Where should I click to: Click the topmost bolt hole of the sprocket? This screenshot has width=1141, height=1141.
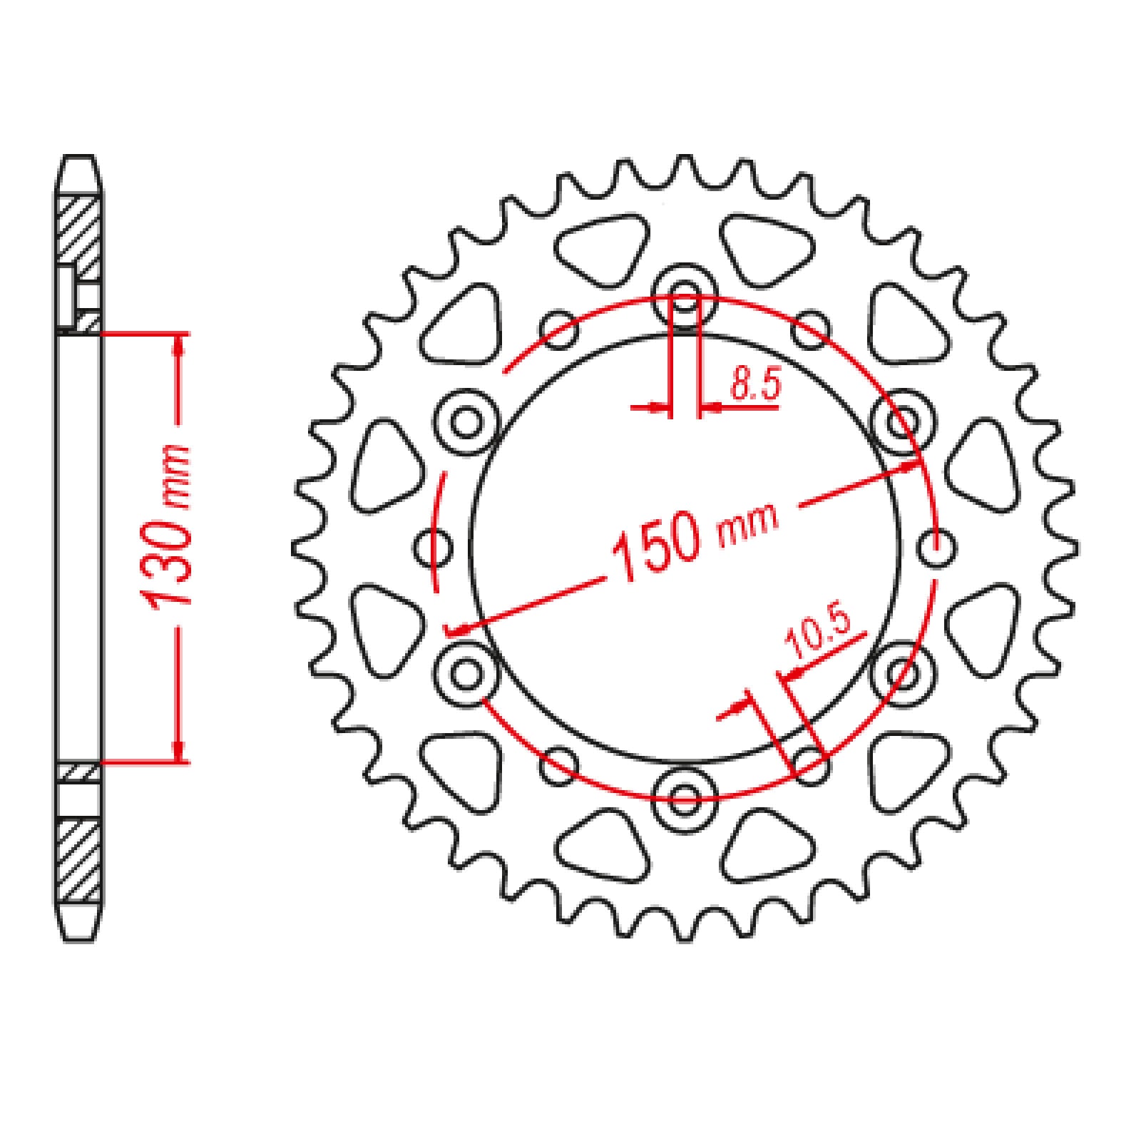click(x=685, y=297)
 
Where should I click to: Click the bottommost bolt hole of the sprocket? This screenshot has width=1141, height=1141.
click(x=685, y=797)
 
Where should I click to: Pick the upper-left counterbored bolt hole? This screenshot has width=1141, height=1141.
click(x=467, y=423)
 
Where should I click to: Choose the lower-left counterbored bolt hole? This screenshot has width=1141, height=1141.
click(x=467, y=672)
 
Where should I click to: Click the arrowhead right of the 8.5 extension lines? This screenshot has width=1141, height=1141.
click(x=709, y=409)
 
